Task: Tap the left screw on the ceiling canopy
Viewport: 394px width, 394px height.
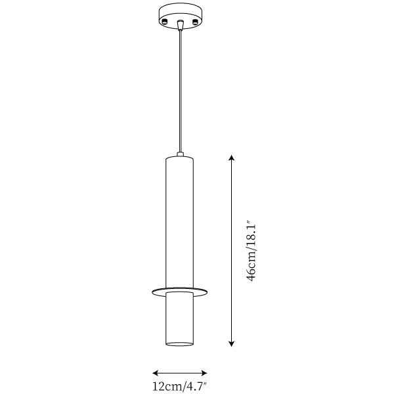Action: [165, 22]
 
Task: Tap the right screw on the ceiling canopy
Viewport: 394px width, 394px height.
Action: [195, 22]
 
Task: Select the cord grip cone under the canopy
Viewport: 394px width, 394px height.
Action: [180, 25]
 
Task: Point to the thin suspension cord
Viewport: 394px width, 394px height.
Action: [180, 91]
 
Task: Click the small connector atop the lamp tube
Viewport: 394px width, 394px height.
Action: [180, 154]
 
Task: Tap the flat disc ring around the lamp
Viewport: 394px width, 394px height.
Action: [180, 292]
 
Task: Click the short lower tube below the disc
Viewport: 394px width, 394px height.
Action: [180, 318]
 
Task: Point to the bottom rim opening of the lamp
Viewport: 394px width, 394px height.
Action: [180, 343]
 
